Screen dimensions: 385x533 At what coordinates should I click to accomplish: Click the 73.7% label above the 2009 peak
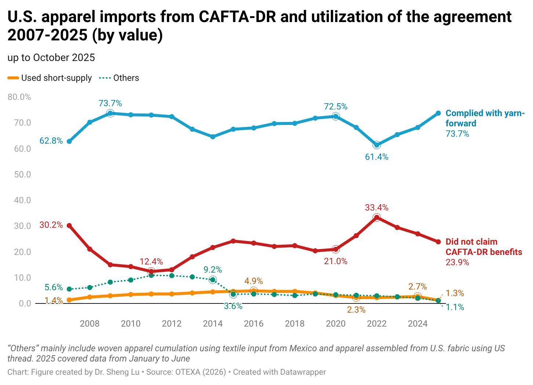tap(110, 103)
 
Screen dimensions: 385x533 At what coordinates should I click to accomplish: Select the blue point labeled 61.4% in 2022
tap(377, 145)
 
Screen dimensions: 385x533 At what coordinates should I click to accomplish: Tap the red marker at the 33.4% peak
tap(377, 217)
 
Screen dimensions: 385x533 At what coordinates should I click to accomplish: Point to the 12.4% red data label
tap(151, 262)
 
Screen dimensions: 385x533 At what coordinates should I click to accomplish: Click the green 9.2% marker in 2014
tap(213, 280)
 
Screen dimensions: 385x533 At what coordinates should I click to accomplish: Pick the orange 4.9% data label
tap(254, 281)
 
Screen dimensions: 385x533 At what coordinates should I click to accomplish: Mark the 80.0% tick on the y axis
tap(19, 97)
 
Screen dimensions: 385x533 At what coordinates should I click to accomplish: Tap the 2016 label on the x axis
tap(254, 324)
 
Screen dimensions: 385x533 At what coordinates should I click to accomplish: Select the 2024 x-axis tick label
tap(418, 324)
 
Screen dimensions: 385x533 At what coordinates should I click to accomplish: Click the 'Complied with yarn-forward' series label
tap(485, 118)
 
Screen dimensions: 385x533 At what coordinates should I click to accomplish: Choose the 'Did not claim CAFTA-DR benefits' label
tap(483, 247)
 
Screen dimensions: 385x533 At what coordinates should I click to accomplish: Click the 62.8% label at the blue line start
tap(51, 141)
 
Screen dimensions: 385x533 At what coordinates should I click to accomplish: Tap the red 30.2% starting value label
tap(51, 225)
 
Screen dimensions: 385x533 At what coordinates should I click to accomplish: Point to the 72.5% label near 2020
tap(336, 107)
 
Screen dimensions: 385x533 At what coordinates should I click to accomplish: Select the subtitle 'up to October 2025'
tap(51, 58)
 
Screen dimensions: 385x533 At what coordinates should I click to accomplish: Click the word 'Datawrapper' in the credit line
tap(303, 372)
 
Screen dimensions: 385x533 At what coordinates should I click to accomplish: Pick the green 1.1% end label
tap(455, 307)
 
